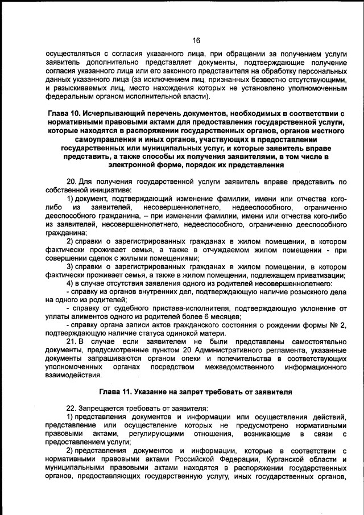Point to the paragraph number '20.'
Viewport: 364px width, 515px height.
[72, 182]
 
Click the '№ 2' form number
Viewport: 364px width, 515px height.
[336, 324]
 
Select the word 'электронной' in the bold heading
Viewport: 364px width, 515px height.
[133, 165]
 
